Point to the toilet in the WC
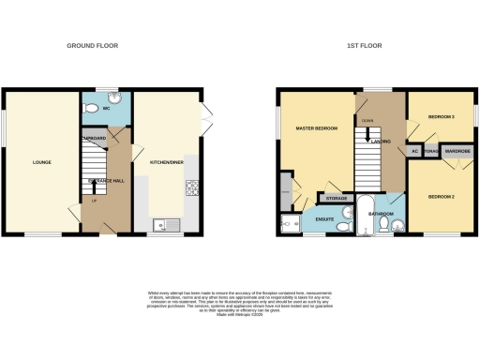coord(93,110)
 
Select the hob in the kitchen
coord(191,188)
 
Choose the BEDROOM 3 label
coord(442,117)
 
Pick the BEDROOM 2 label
coord(442,197)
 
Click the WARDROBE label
coord(457,150)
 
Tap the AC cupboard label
coord(414,150)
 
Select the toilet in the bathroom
coord(397,223)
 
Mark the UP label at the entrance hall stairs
coord(94,200)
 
